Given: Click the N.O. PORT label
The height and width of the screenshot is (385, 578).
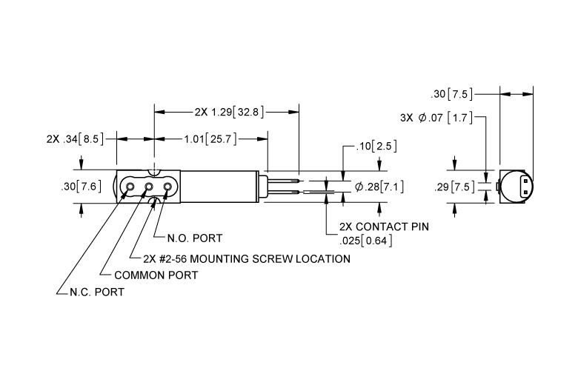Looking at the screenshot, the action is point(195,238).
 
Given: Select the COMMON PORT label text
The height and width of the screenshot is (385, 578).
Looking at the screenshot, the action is point(156,275).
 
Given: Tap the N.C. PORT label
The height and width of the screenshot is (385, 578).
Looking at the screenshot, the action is point(97,292).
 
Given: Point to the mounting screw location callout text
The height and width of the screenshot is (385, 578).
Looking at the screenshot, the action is point(247,259).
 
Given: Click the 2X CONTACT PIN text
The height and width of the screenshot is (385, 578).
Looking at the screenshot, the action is point(384,227).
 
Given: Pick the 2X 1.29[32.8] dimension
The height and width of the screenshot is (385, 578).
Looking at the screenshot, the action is point(229,112).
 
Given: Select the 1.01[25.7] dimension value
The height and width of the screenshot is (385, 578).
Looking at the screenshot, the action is point(210,139).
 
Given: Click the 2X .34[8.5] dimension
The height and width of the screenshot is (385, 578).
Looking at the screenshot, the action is point(75,139).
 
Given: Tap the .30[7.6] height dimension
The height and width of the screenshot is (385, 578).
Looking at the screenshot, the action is point(81,187).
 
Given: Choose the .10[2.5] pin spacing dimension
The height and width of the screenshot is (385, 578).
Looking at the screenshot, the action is point(376,147).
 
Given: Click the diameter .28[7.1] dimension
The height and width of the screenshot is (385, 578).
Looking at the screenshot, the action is point(379,187).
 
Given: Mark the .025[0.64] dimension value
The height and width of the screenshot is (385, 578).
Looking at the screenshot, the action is point(365,241).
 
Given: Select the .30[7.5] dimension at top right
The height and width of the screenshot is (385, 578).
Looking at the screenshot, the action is point(451,94).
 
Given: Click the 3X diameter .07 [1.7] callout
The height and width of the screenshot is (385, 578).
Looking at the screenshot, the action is point(436,118).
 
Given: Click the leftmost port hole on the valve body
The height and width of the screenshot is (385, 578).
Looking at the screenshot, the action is point(130,187).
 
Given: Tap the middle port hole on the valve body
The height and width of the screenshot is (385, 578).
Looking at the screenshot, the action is point(148,187).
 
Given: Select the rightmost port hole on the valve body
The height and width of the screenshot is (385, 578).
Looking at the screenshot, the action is point(167,187).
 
